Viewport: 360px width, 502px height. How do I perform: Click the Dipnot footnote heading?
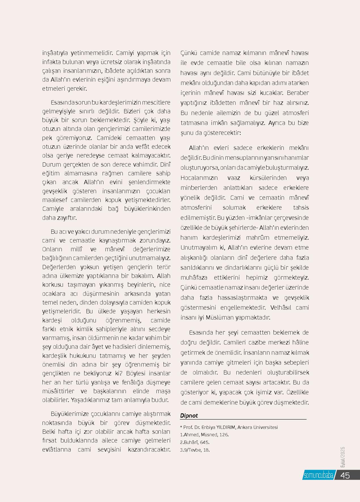click(189, 416)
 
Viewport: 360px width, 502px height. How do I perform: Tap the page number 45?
click(345, 475)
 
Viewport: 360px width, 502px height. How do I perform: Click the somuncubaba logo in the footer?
click(318, 475)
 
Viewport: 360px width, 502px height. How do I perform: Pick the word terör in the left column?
click(164, 267)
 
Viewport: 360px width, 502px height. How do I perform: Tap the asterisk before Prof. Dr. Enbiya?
click(181, 427)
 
